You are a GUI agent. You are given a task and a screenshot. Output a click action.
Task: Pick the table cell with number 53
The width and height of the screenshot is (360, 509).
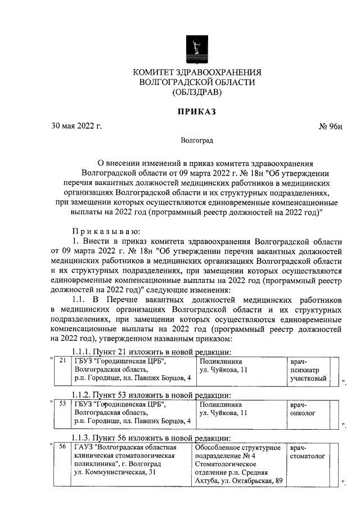(63, 404)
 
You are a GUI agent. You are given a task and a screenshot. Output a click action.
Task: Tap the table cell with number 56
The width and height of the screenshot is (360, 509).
(63, 447)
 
